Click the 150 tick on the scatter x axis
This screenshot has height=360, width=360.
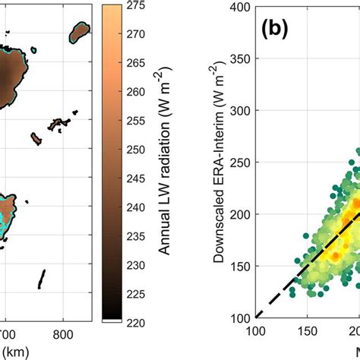(308, 332)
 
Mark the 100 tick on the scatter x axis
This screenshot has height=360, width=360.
(256, 332)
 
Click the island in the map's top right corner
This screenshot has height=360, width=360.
(79, 32)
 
